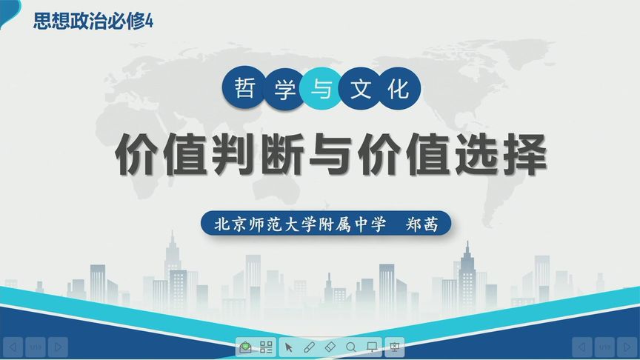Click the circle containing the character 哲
click(x=244, y=90)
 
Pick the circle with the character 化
click(x=398, y=90)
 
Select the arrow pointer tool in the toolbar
click(x=289, y=346)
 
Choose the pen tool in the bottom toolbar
click(x=310, y=346)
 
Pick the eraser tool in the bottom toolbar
click(x=330, y=346)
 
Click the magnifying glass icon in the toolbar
click(x=351, y=346)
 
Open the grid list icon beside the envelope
click(x=267, y=346)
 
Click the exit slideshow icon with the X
click(x=395, y=346)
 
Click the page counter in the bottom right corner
click(x=604, y=346)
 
